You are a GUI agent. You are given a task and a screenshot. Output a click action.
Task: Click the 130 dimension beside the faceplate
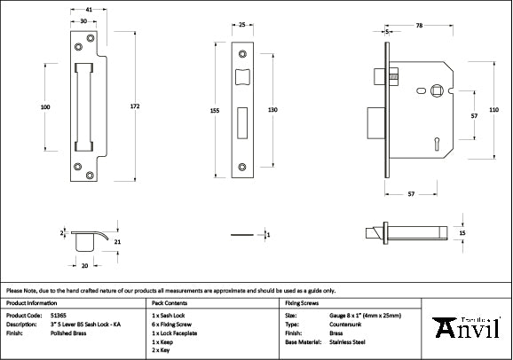click(x=273, y=109)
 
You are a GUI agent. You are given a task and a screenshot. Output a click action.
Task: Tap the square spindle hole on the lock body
click(x=436, y=90)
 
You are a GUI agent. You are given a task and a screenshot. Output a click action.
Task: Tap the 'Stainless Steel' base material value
click(x=348, y=340)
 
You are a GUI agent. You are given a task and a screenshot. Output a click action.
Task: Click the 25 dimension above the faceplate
click(x=242, y=26)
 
